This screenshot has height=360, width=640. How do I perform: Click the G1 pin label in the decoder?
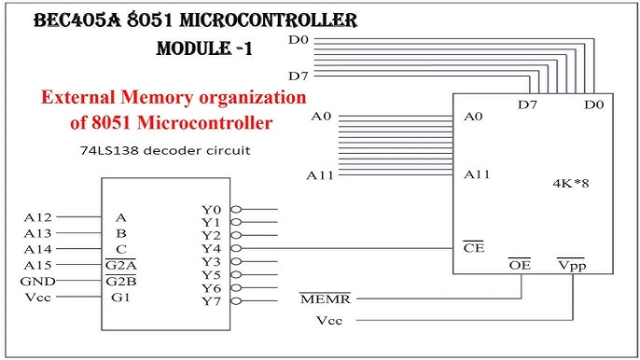coord(120,297)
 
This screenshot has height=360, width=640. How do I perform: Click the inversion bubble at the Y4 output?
coord(236,249)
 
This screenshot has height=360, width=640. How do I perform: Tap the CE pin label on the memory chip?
coord(473,247)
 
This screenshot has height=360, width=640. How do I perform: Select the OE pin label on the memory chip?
coord(520,265)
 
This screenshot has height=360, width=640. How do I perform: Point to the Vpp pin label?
coord(571,265)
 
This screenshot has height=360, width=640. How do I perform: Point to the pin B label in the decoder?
coord(120,233)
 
